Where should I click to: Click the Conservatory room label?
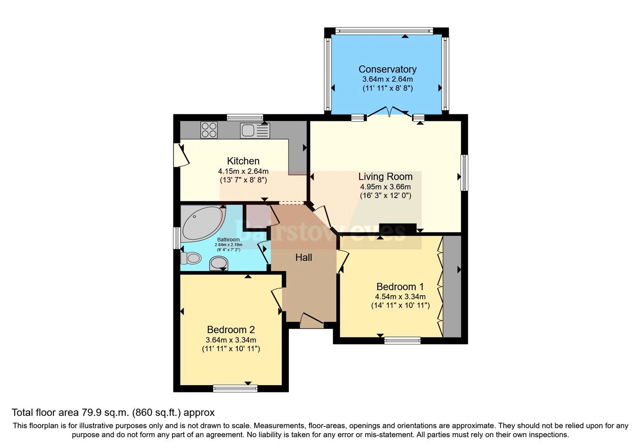387,69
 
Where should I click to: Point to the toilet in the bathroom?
191,258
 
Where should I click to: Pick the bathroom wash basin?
219,263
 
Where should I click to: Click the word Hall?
303,258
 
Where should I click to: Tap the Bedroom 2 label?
231,330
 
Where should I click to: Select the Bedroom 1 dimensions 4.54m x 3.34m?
400,297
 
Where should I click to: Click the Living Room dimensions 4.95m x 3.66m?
385,187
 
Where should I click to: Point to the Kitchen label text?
243,161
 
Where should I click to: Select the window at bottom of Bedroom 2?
235,388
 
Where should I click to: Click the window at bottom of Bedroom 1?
402,340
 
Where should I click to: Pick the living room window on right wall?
464,173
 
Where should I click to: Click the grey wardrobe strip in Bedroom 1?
452,286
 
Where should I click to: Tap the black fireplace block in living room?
397,228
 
